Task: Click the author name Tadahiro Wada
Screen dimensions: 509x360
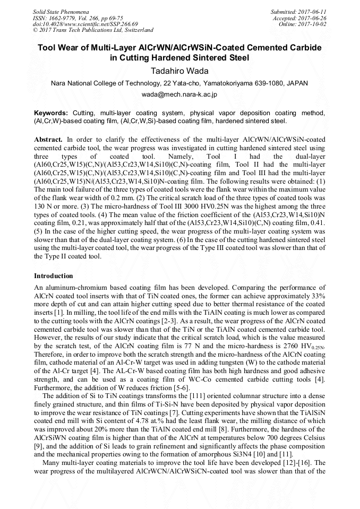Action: pyautogui.click(x=179, y=71)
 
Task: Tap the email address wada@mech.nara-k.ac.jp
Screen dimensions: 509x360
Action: pyautogui.click(x=179, y=94)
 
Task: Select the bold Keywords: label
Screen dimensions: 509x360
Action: pyautogui.click(x=51, y=113)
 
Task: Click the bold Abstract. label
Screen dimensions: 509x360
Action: pyautogui.click(x=48, y=139)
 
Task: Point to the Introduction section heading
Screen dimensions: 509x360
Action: pyautogui.click(x=54, y=276)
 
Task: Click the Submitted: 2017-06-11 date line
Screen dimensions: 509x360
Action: pyautogui.click(x=300, y=12)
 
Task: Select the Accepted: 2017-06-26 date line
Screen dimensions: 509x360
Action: pyautogui.click(x=302, y=18)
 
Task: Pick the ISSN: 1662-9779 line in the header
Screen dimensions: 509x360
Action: pyautogui.click(x=55, y=18)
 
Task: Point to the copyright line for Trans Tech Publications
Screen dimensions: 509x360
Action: pyautogui.click(x=93, y=31)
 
